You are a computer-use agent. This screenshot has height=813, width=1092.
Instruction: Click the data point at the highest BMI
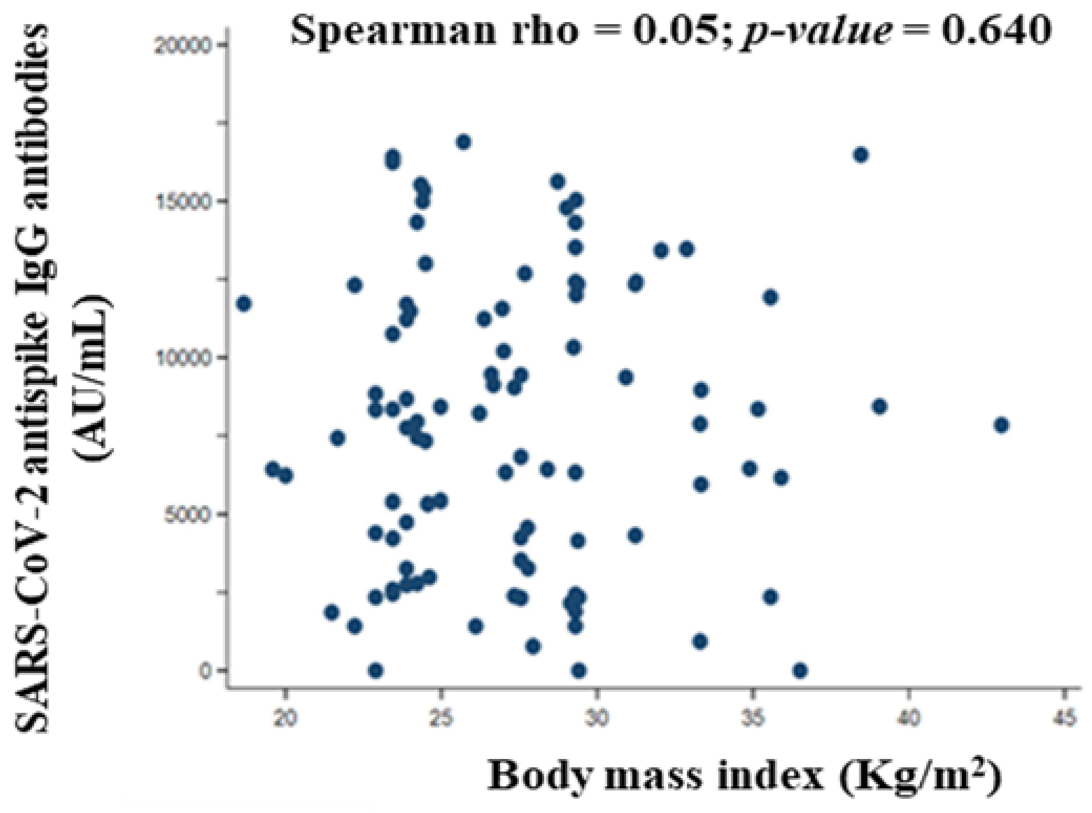(x=1001, y=425)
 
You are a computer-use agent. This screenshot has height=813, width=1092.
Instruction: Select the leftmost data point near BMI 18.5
(x=244, y=304)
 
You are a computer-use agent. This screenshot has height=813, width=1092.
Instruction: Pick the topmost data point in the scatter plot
(x=463, y=142)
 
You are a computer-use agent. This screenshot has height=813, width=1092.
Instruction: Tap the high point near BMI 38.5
(x=861, y=155)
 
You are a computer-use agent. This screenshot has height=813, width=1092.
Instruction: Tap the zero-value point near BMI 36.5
(x=800, y=670)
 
